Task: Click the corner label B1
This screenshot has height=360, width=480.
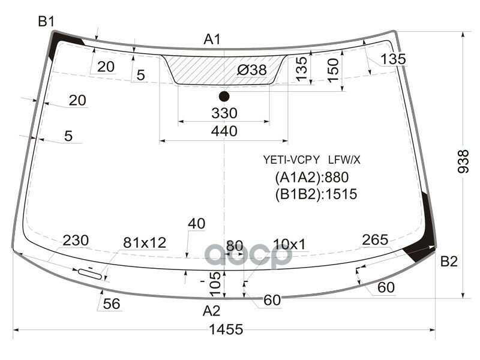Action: (46, 22)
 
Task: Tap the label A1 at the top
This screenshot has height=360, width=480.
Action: (212, 40)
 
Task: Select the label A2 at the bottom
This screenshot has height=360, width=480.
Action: (211, 311)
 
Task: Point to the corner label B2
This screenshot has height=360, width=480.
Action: (449, 262)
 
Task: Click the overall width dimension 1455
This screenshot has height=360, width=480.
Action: (226, 329)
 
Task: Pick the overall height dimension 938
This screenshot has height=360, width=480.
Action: (463, 161)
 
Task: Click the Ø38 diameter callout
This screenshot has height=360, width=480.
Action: (252, 70)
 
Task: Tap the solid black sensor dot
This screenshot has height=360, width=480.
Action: (224, 97)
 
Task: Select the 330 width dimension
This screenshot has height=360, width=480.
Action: (224, 113)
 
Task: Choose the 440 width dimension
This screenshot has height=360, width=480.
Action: (224, 131)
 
